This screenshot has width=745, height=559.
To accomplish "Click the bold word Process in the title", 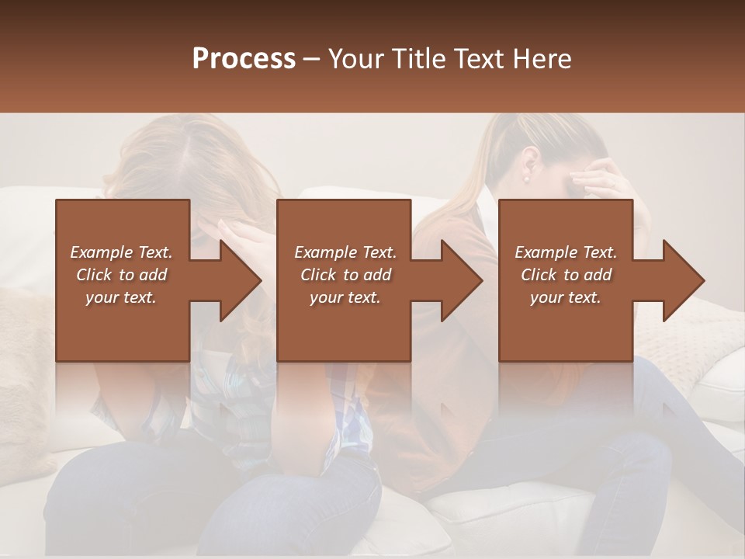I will pyautogui.click(x=244, y=59).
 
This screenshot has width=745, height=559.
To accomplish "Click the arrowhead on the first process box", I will pyautogui.click(x=241, y=280).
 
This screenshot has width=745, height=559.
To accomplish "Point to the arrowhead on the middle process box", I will pyautogui.click(x=462, y=280).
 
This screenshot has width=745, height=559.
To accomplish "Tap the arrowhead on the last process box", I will pyautogui.click(x=684, y=280).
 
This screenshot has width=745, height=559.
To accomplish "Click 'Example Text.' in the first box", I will pyautogui.click(x=122, y=252).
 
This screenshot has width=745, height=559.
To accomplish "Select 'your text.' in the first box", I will pyautogui.click(x=122, y=297).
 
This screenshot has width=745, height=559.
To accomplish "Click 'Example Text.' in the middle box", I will pyautogui.click(x=345, y=252).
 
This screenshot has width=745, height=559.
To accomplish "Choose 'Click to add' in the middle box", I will pyautogui.click(x=345, y=275).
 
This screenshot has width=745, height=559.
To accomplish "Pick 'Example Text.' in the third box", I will pyautogui.click(x=566, y=252).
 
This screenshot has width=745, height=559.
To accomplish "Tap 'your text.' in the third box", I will pyautogui.click(x=566, y=297).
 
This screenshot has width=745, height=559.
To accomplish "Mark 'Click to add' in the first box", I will pyautogui.click(x=122, y=275).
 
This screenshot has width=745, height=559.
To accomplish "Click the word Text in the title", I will pyautogui.click(x=480, y=59).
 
